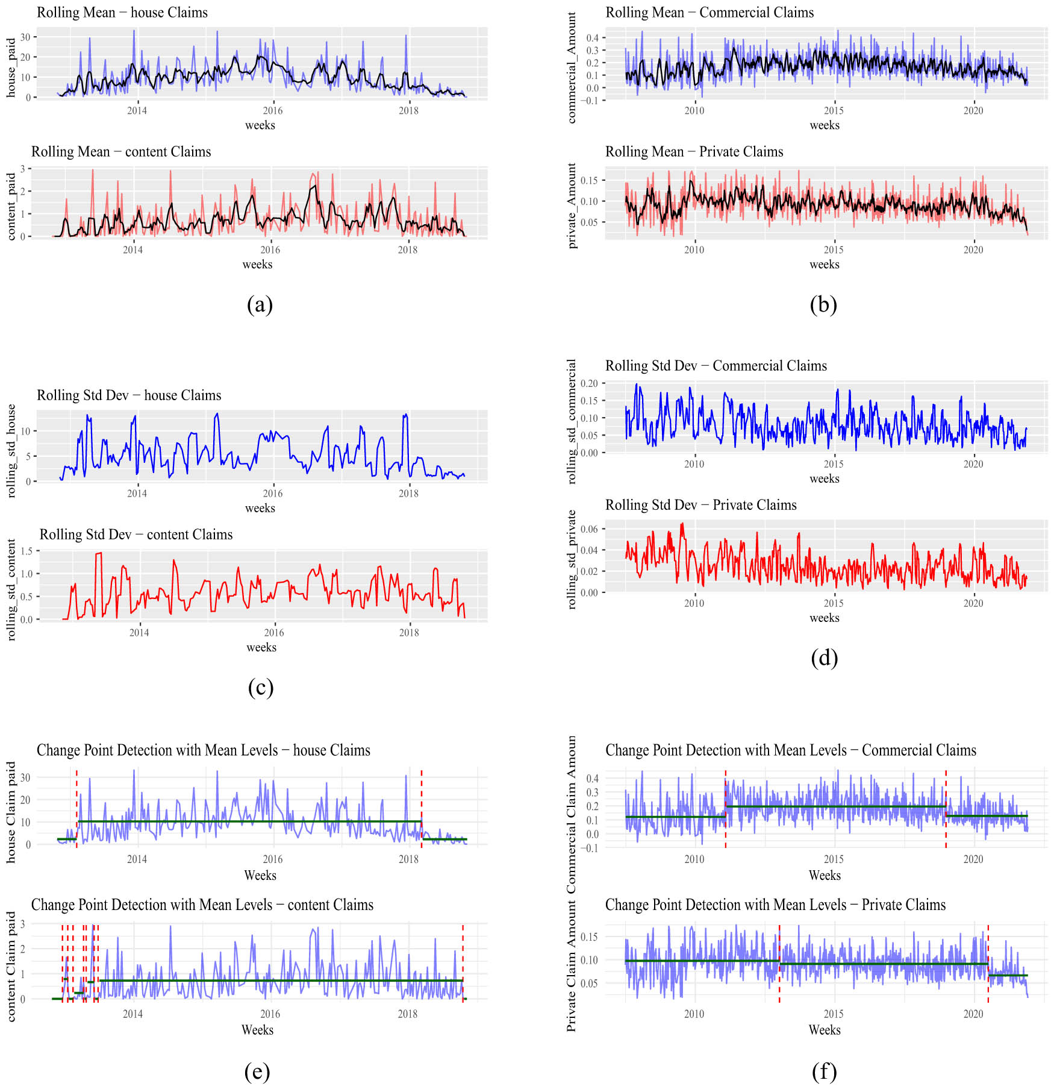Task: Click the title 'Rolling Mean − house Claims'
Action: [122, 13]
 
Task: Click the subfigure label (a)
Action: [260, 304]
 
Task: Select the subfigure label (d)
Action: [824, 658]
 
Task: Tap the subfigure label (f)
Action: [824, 1071]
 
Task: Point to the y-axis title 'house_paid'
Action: [11, 67]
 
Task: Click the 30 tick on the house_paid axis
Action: [25, 37]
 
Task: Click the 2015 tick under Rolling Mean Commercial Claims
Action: [834, 111]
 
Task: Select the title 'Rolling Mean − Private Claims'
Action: [694, 152]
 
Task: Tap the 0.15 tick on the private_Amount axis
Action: [589, 180]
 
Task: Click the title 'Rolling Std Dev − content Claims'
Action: [136, 535]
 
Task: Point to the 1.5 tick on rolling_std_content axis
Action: [26, 551]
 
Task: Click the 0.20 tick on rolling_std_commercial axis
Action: [589, 383]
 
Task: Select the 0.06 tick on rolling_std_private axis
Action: [589, 529]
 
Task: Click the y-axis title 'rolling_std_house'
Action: [11, 450]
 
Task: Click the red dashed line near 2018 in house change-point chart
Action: [422, 808]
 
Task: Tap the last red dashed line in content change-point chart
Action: [463, 964]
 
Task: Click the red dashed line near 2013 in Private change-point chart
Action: [779, 964]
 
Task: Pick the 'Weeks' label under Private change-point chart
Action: [824, 1030]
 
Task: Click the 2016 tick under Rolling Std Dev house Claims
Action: [272, 494]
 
